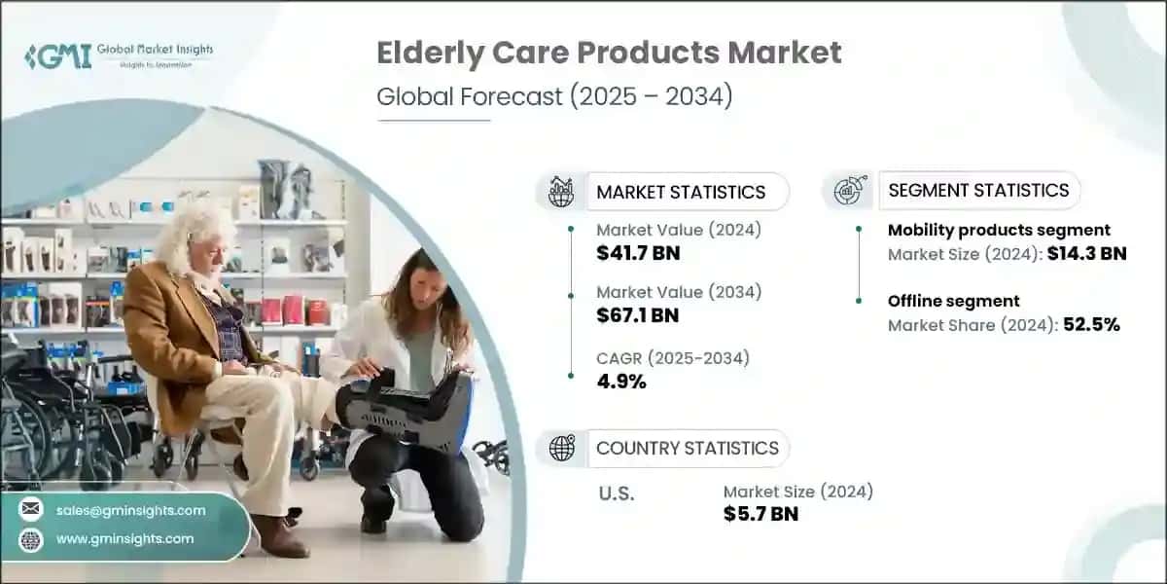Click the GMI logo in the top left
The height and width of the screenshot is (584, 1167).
click(x=58, y=55)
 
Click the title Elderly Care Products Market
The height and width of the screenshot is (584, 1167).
click(x=609, y=54)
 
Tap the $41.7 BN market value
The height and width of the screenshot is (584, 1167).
click(x=638, y=253)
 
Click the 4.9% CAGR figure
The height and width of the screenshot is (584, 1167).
click(x=621, y=381)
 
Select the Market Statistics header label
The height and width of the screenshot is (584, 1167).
click(x=681, y=192)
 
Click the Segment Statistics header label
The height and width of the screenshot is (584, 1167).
click(x=978, y=190)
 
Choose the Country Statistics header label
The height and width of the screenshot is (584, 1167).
click(x=687, y=448)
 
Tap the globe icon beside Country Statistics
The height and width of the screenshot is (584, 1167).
click(x=561, y=448)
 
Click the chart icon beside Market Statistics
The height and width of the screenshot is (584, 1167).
click(x=561, y=192)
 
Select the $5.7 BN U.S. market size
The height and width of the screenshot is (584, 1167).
click(x=760, y=514)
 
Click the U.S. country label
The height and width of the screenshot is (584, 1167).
click(x=615, y=493)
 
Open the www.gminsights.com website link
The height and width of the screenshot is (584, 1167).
click(x=126, y=538)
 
